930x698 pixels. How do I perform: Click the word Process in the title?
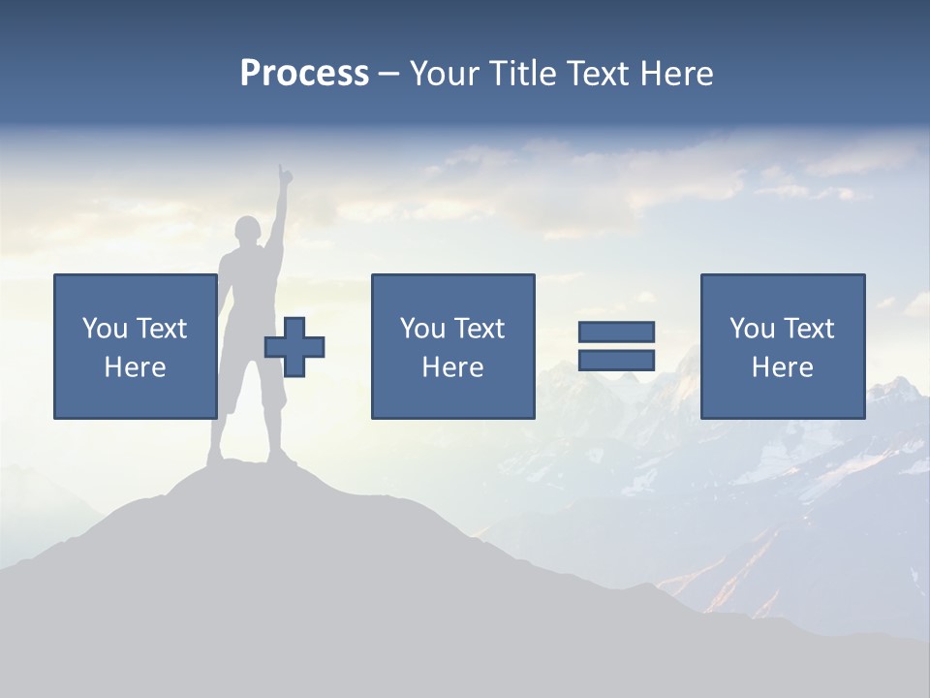click(x=304, y=74)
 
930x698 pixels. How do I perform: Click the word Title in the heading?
click(x=520, y=74)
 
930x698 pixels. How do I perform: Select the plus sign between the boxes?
click(x=294, y=347)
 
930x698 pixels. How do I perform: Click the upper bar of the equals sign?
click(x=616, y=332)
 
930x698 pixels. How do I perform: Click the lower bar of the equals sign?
click(x=616, y=360)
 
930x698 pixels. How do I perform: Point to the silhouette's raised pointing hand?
click(x=284, y=176)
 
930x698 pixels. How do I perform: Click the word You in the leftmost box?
click(x=105, y=329)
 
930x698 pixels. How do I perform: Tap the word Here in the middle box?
click(x=452, y=367)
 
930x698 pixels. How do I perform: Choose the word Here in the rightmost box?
click(x=782, y=367)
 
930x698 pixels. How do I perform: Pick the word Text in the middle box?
click(x=478, y=329)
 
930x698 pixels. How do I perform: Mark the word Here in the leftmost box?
click(x=135, y=367)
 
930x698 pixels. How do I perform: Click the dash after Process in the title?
click(x=388, y=74)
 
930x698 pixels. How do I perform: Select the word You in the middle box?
click(x=422, y=329)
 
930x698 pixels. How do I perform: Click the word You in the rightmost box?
click(x=752, y=329)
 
